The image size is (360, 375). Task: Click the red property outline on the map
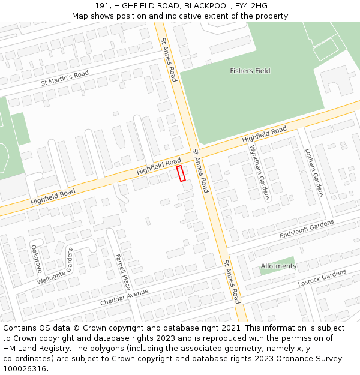pyautogui.click(x=181, y=173)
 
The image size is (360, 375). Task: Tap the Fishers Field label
pyautogui.click(x=250, y=71)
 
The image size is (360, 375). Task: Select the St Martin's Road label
pyautogui.click(x=65, y=78)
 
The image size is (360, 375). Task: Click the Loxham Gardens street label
pyautogui.click(x=314, y=173)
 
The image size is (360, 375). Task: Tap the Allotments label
pyautogui.click(x=278, y=266)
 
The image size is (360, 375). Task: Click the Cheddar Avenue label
pyautogui.click(x=124, y=297)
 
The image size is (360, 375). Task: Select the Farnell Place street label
pyautogui.click(x=122, y=271)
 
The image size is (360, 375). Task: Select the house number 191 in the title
pyautogui.click(x=103, y=5)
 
